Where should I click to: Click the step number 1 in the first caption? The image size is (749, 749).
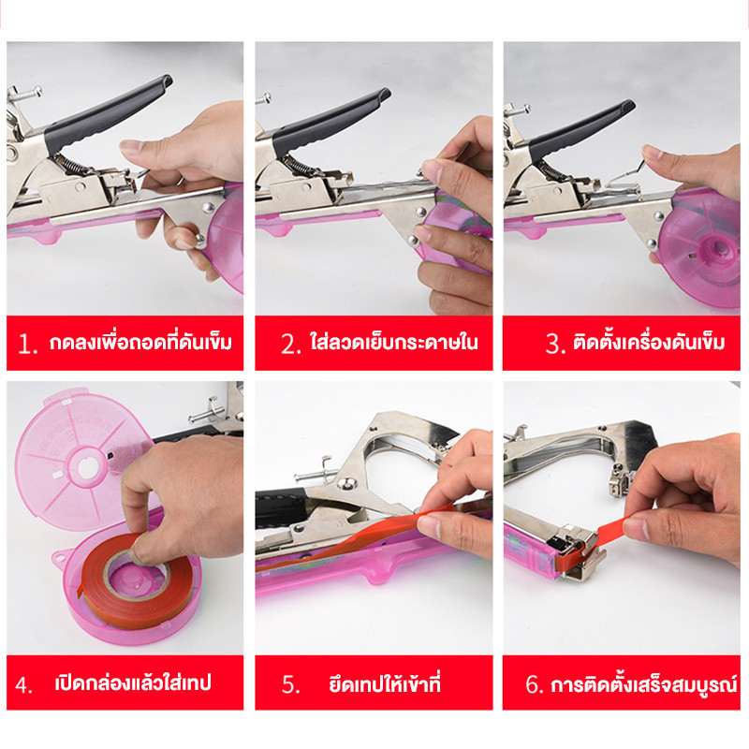(x=27, y=344)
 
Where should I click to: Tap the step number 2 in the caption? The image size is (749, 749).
(x=290, y=344)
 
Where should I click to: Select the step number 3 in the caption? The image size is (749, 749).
(x=555, y=344)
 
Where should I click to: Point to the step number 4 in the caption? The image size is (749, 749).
(x=23, y=684)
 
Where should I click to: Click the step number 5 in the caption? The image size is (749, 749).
(x=290, y=684)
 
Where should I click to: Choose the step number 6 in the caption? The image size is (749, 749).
(x=535, y=684)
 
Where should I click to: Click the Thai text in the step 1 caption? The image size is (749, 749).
(x=140, y=342)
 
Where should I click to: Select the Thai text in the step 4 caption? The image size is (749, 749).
(x=133, y=683)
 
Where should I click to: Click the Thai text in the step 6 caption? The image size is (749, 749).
(x=644, y=683)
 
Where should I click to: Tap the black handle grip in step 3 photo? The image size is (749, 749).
(x=580, y=130)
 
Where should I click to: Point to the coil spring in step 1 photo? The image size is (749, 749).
(x=74, y=165)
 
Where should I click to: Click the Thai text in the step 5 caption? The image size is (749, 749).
(x=385, y=683)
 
